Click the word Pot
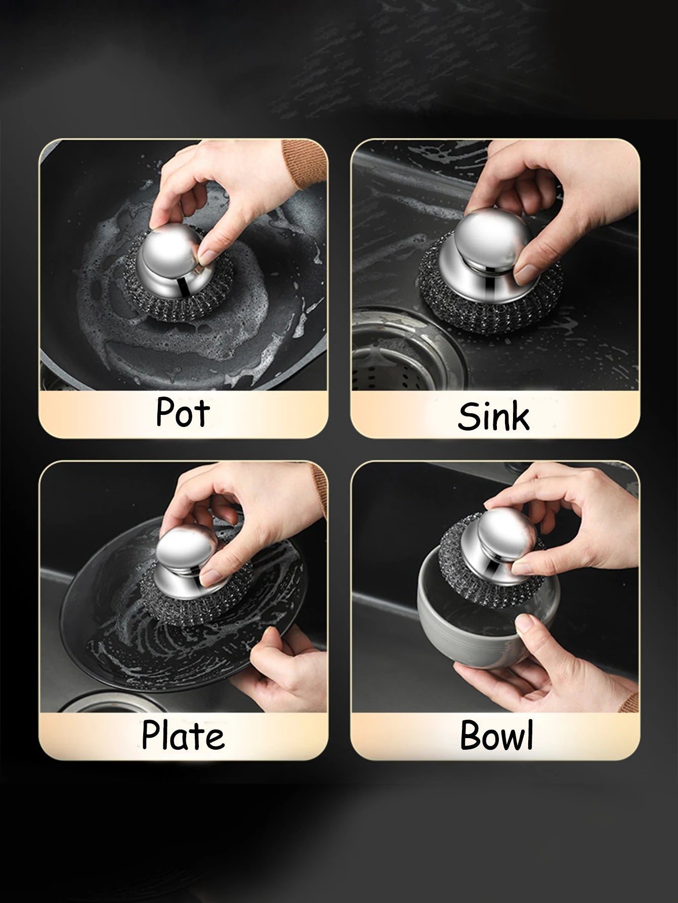tap(182, 412)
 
